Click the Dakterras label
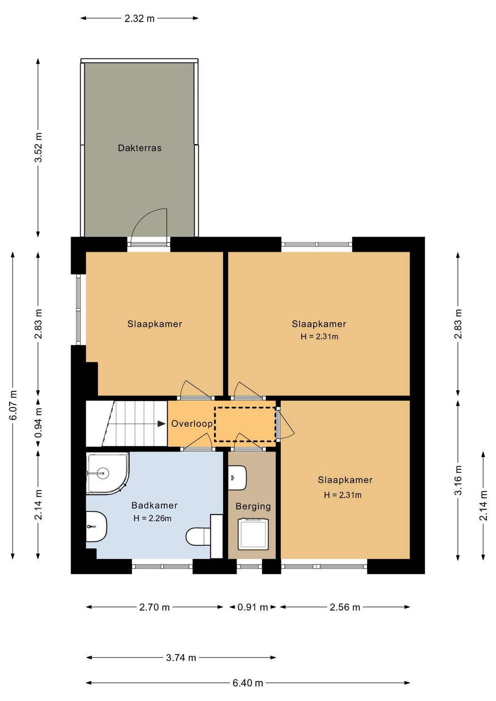(140, 148)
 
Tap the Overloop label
(192, 424)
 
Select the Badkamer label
(154, 505)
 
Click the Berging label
(253, 506)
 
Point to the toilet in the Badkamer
(198, 537)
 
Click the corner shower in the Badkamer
(107, 473)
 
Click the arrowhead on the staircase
(162, 424)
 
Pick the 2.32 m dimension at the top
(140, 18)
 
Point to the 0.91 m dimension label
(253, 607)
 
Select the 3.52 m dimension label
(38, 147)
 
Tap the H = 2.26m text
(152, 518)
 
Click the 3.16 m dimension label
(458, 480)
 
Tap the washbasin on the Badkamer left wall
(96, 526)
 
